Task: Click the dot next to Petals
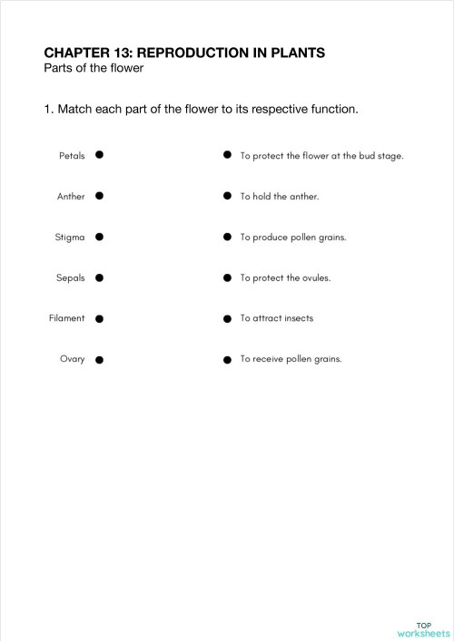[x=99, y=155]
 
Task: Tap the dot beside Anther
[x=99, y=196]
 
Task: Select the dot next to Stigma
[x=99, y=237]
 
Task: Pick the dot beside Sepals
[x=99, y=277]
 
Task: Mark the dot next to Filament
[x=99, y=319]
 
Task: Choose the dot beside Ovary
[x=99, y=360]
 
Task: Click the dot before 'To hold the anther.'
[x=227, y=196]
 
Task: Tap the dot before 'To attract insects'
[x=227, y=319]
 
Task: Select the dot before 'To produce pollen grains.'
[x=227, y=237]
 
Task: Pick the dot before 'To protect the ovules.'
[x=227, y=277]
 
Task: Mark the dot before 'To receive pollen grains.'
[x=227, y=360]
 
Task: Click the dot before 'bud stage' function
[x=227, y=155]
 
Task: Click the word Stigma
[x=70, y=238]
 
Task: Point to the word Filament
[x=67, y=318]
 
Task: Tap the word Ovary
[x=73, y=360]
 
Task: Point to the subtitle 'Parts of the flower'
[x=94, y=69]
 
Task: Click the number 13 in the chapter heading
[x=123, y=53]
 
